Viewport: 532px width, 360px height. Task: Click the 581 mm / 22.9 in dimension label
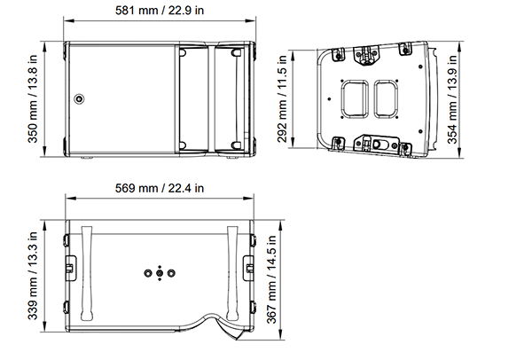pos(160,10)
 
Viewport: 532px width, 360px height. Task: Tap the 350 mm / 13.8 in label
pos(33,98)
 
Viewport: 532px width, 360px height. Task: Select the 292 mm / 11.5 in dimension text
pos(282,98)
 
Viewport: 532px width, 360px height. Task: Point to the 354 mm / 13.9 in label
pos(452,99)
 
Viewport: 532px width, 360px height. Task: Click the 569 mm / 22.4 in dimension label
pos(160,188)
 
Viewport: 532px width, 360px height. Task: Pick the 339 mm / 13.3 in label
pos(33,276)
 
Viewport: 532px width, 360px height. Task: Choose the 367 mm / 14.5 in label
pos(271,279)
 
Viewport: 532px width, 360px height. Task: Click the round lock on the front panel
pos(79,98)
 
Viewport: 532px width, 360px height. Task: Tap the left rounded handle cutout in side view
pos(355,98)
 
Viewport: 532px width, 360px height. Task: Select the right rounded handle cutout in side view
pos(386,98)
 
